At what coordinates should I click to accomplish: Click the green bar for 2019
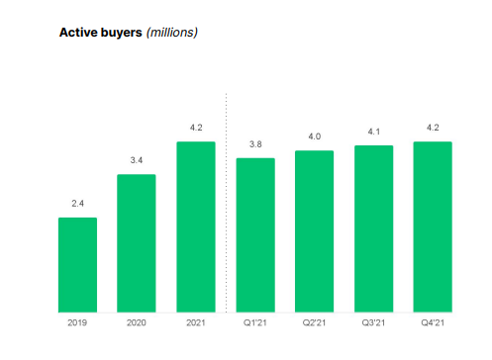(77, 264)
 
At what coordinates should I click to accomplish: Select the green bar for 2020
(137, 243)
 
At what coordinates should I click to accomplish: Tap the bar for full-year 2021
(196, 226)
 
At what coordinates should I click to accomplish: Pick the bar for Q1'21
(255, 234)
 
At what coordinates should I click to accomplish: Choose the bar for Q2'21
(315, 230)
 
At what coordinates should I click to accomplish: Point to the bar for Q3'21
(374, 228)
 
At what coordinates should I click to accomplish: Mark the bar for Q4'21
(433, 226)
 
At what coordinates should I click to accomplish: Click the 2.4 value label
(77, 204)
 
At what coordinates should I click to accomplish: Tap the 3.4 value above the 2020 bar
(137, 161)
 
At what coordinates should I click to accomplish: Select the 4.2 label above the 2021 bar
(196, 128)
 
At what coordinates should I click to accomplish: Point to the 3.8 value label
(255, 144)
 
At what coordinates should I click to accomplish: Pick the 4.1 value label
(374, 133)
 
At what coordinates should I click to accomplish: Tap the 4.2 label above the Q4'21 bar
(433, 128)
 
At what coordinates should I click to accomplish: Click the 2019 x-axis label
(77, 323)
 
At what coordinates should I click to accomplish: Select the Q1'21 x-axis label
(255, 323)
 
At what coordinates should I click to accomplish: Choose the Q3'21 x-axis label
(374, 323)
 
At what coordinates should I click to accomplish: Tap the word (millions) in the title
(172, 33)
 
